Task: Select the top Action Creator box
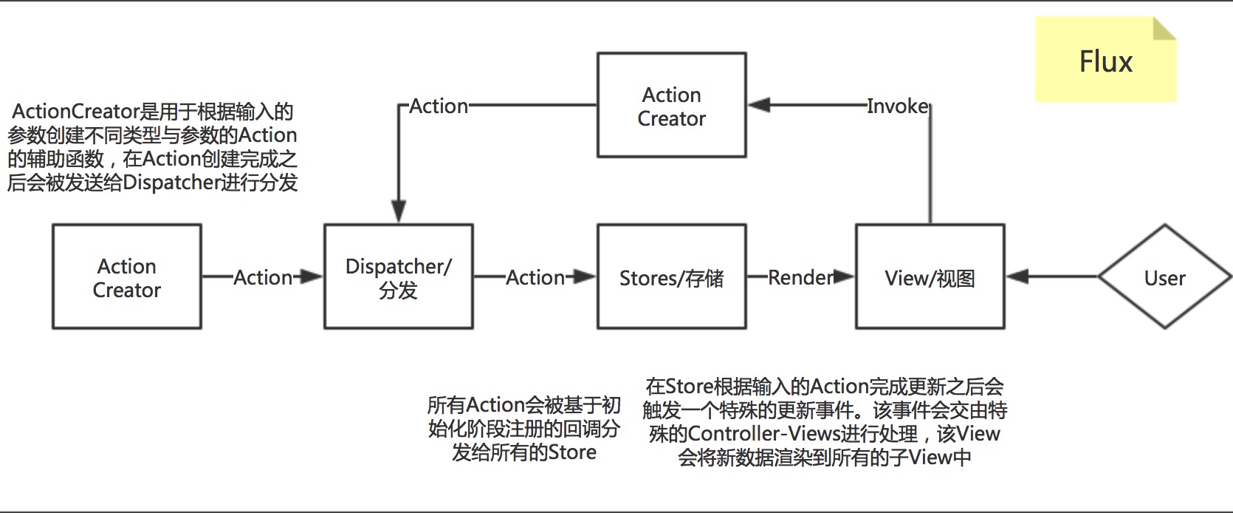tap(671, 106)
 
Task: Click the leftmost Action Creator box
tap(126, 277)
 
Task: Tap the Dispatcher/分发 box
tap(398, 277)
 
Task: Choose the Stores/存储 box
tap(671, 277)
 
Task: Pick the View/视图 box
tap(930, 277)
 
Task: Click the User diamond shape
tap(1164, 277)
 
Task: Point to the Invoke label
tap(897, 106)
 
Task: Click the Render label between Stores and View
tap(800, 277)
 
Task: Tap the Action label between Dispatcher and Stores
tap(535, 277)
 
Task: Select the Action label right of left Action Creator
tap(263, 277)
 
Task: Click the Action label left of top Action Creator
tap(439, 106)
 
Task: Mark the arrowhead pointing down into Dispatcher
tap(398, 211)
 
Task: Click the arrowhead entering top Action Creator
tap(759, 106)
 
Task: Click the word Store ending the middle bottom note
tap(572, 452)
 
